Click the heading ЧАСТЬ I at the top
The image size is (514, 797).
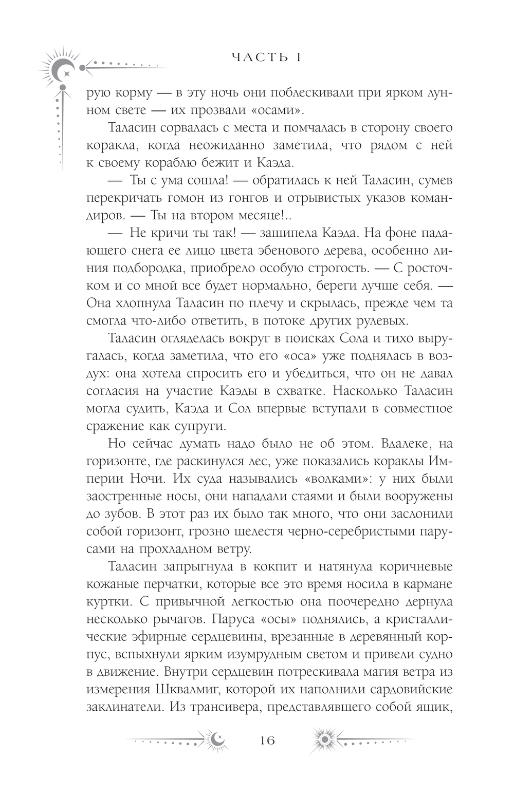coord(266,57)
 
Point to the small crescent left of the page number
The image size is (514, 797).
coord(216,740)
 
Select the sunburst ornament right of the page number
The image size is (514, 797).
coord(324,740)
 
